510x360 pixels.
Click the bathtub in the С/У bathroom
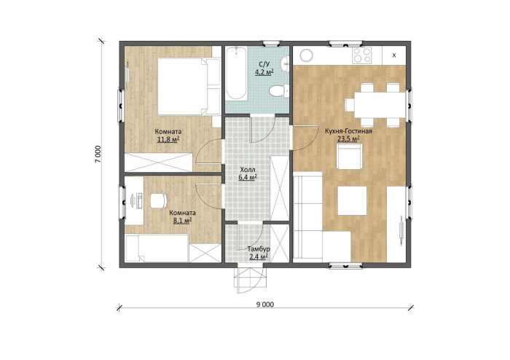coord(237,73)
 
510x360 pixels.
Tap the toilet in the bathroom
coord(279,90)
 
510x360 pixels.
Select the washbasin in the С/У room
coord(285,63)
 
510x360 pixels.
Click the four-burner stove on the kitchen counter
coord(362,55)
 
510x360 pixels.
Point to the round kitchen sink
coord(306,55)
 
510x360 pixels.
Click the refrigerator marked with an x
coord(394,55)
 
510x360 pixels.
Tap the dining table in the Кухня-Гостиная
coord(380,105)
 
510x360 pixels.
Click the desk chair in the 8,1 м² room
coord(159,200)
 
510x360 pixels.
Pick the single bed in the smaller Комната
coord(157,248)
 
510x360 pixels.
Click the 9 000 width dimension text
coord(265,305)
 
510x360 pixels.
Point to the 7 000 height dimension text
coord(98,154)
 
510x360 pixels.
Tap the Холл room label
coord(248,170)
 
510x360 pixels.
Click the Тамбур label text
coord(259,249)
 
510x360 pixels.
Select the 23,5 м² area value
coord(348,139)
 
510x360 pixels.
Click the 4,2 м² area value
coord(264,72)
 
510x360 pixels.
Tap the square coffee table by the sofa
coord(352,200)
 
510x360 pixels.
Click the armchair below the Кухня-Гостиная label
coord(349,157)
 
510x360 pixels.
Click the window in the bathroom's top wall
coord(271,43)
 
